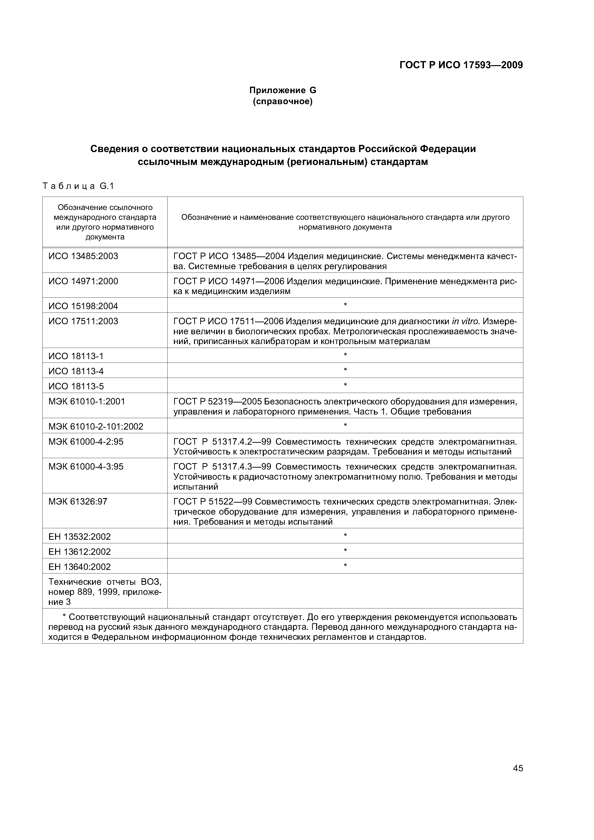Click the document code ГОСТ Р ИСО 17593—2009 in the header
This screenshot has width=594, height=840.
pos(461,65)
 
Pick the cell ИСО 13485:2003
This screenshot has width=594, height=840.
pos(83,256)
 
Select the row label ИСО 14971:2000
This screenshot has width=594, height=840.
pos(83,281)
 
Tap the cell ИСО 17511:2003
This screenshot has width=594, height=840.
pos(83,321)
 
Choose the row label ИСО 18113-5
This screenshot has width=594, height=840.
pos(76,386)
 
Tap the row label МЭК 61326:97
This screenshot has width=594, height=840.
pos(78,502)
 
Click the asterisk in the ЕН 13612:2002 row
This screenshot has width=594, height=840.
pos(345,550)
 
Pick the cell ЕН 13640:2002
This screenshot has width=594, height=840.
pos(80,567)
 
